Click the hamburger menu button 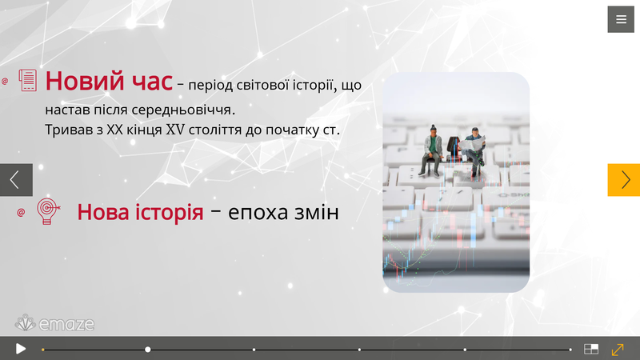[x=621, y=19]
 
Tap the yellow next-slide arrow [x=624, y=180]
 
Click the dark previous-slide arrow [x=16, y=180]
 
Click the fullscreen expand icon [x=618, y=350]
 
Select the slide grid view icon [x=591, y=349]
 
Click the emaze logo [x=54, y=323]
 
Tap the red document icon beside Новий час [x=28, y=80]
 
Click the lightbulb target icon [x=48, y=211]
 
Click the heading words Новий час [x=109, y=81]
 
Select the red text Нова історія [x=141, y=212]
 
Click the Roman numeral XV [x=175, y=130]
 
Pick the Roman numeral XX [x=114, y=130]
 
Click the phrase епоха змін [x=283, y=213]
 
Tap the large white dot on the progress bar [x=148, y=350]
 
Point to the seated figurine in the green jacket [x=432, y=150]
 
